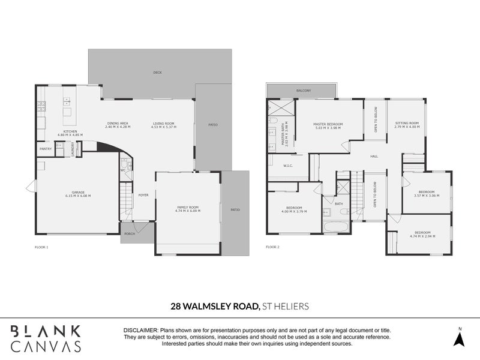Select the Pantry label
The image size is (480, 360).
click(45, 148)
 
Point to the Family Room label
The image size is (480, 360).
click(187, 207)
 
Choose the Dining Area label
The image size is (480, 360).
click(117, 124)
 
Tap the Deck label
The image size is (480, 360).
click(157, 73)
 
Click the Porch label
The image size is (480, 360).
click(128, 233)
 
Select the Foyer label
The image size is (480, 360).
click(143, 194)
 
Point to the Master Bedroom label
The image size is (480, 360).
click(327, 125)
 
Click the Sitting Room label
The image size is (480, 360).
click(406, 124)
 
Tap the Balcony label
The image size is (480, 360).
click(303, 91)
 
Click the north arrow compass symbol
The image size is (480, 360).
click(460, 337)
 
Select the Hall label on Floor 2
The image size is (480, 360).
click(374, 156)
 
